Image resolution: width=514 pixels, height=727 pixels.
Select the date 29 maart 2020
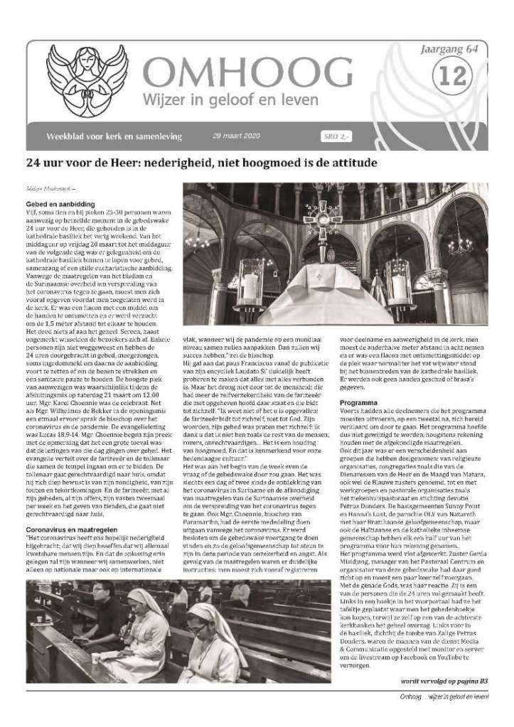[238, 135]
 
